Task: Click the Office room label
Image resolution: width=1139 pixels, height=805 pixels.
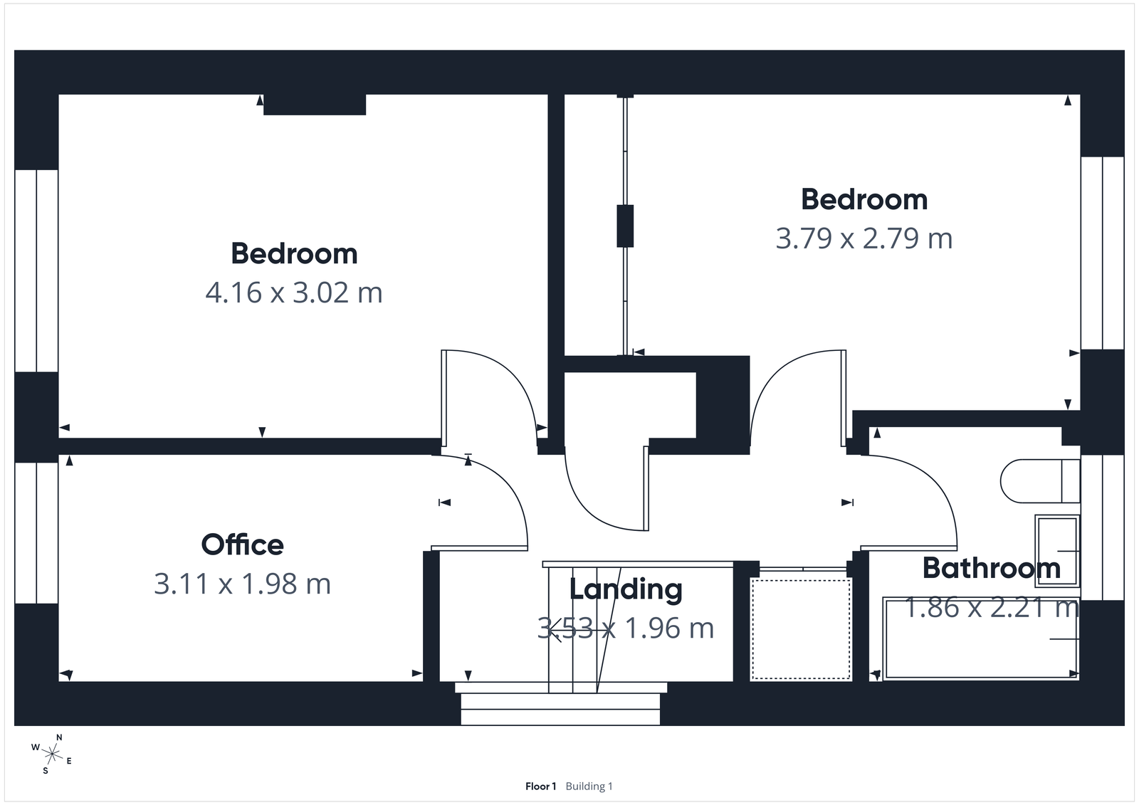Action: coord(242,545)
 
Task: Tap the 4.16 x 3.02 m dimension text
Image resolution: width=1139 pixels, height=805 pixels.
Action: coord(293,293)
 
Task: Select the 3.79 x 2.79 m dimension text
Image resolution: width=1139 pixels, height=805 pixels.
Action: coord(864,238)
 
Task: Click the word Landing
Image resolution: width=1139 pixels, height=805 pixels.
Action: coord(626,589)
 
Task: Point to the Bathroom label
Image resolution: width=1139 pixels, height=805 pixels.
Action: coord(991,568)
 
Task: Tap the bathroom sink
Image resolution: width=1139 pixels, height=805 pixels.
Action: coord(1057,550)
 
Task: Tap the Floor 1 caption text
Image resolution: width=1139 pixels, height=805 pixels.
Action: coord(540,786)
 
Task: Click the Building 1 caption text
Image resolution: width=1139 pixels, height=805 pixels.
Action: coord(589,786)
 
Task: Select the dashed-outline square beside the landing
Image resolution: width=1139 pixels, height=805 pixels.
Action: coord(801,629)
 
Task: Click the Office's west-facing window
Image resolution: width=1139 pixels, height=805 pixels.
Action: coord(36,532)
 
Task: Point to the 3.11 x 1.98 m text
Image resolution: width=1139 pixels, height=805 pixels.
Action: coord(242,584)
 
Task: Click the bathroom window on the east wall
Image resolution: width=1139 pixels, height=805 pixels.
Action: coord(1102,527)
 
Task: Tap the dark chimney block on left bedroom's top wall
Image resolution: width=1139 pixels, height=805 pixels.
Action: coord(315,104)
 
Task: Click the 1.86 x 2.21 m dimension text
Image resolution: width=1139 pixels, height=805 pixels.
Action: coord(991,608)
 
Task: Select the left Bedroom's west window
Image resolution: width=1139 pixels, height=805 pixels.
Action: coord(36,270)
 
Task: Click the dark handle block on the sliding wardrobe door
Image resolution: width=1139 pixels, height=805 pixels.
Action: coord(625,226)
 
